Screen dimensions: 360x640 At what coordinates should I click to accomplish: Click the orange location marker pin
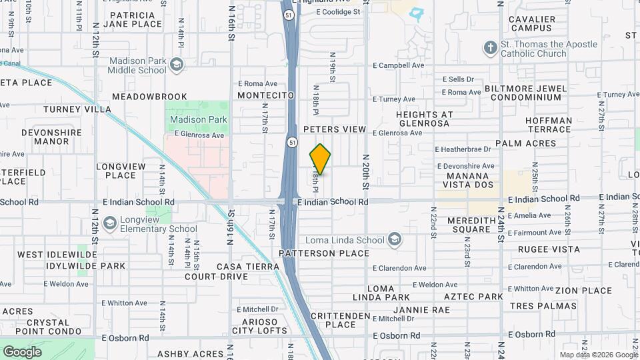click(x=320, y=159)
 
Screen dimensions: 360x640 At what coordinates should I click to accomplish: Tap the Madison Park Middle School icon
click(x=177, y=64)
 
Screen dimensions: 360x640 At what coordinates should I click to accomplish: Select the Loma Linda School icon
click(x=395, y=240)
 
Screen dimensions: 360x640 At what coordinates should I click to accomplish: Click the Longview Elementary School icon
click(x=108, y=223)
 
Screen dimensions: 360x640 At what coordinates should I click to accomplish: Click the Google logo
click(x=22, y=351)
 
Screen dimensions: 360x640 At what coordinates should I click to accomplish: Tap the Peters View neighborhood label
click(x=335, y=129)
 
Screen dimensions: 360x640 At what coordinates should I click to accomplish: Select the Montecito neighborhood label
click(x=266, y=95)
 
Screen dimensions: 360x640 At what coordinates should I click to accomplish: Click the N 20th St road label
click(x=365, y=171)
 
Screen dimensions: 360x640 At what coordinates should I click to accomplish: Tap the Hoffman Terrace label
click(x=549, y=125)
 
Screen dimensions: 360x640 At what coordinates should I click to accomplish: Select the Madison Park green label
click(x=198, y=120)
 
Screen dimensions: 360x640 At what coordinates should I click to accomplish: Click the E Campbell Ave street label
click(x=398, y=66)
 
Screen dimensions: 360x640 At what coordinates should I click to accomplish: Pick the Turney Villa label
click(x=77, y=109)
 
